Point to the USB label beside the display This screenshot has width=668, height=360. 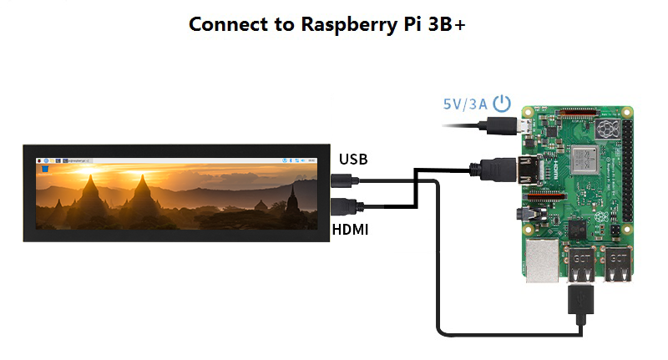(x=353, y=159)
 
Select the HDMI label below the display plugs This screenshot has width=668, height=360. (x=352, y=227)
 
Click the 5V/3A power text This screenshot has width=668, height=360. (x=464, y=105)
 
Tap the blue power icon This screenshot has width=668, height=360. (x=501, y=104)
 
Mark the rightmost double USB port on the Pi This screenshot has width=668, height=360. (x=618, y=266)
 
